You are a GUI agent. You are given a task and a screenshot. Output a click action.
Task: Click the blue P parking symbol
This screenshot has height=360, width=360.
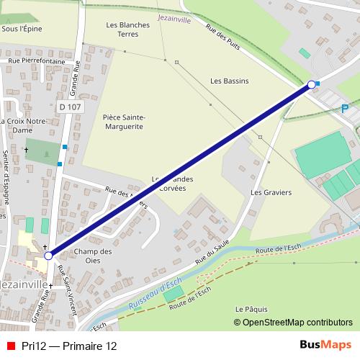344,109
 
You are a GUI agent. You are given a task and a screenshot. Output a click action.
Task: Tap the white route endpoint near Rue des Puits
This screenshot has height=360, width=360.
312,85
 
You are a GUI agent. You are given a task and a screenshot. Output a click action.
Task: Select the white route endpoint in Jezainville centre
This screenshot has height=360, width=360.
48,256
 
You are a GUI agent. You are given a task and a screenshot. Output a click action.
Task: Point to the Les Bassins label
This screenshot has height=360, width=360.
229,81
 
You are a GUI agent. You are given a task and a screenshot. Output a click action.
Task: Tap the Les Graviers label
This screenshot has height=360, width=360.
271,193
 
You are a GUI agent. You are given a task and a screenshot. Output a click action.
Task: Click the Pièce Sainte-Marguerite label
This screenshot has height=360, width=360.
123,122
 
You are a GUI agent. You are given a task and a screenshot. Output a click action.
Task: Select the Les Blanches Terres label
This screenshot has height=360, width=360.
127,29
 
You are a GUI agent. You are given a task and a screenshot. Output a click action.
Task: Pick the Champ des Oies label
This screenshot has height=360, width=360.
94,256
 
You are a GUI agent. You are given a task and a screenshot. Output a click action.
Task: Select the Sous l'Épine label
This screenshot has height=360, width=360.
22,29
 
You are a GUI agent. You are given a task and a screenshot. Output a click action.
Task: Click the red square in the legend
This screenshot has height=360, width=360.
9,346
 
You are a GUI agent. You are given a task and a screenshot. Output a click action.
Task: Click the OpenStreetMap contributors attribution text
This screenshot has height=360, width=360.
297,323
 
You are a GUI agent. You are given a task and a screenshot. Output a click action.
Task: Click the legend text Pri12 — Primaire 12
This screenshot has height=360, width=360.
69,346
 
